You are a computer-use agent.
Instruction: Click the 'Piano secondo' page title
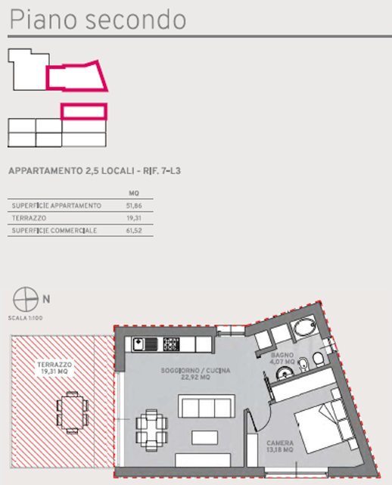tap(98, 20)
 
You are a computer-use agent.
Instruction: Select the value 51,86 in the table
tap(134, 206)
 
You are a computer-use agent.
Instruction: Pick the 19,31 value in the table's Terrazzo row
tap(134, 218)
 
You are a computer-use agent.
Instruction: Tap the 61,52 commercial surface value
tap(134, 231)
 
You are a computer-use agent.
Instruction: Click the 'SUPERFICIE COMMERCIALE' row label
tap(54, 231)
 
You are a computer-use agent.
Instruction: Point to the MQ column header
tap(134, 194)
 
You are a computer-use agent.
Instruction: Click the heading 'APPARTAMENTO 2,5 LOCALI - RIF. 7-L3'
tap(95, 171)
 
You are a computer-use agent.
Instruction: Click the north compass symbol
tap(26, 299)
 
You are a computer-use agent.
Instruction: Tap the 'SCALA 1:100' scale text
tap(26, 318)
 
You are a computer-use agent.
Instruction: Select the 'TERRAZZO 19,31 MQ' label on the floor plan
tap(54, 368)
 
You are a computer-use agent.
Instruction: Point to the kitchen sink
tap(145, 344)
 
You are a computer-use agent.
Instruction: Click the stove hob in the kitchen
tap(171, 344)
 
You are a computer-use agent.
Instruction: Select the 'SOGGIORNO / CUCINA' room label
tap(195, 370)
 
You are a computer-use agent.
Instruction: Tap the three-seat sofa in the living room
tap(207, 406)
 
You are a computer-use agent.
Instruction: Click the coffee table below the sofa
tap(204, 437)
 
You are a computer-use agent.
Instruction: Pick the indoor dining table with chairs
tap(151, 430)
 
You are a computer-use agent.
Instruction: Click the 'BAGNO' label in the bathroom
tap(282, 355)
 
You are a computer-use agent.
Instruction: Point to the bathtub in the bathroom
tap(305, 328)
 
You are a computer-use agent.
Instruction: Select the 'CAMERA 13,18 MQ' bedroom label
tap(280, 446)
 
